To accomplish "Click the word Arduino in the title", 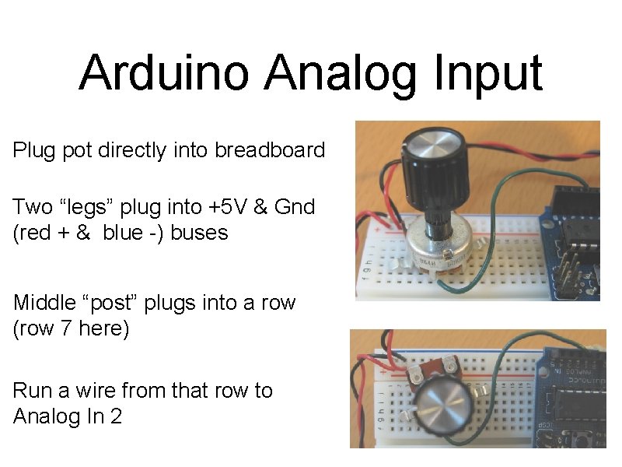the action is click(x=165, y=72).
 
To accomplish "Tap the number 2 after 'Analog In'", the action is click(x=116, y=416).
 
